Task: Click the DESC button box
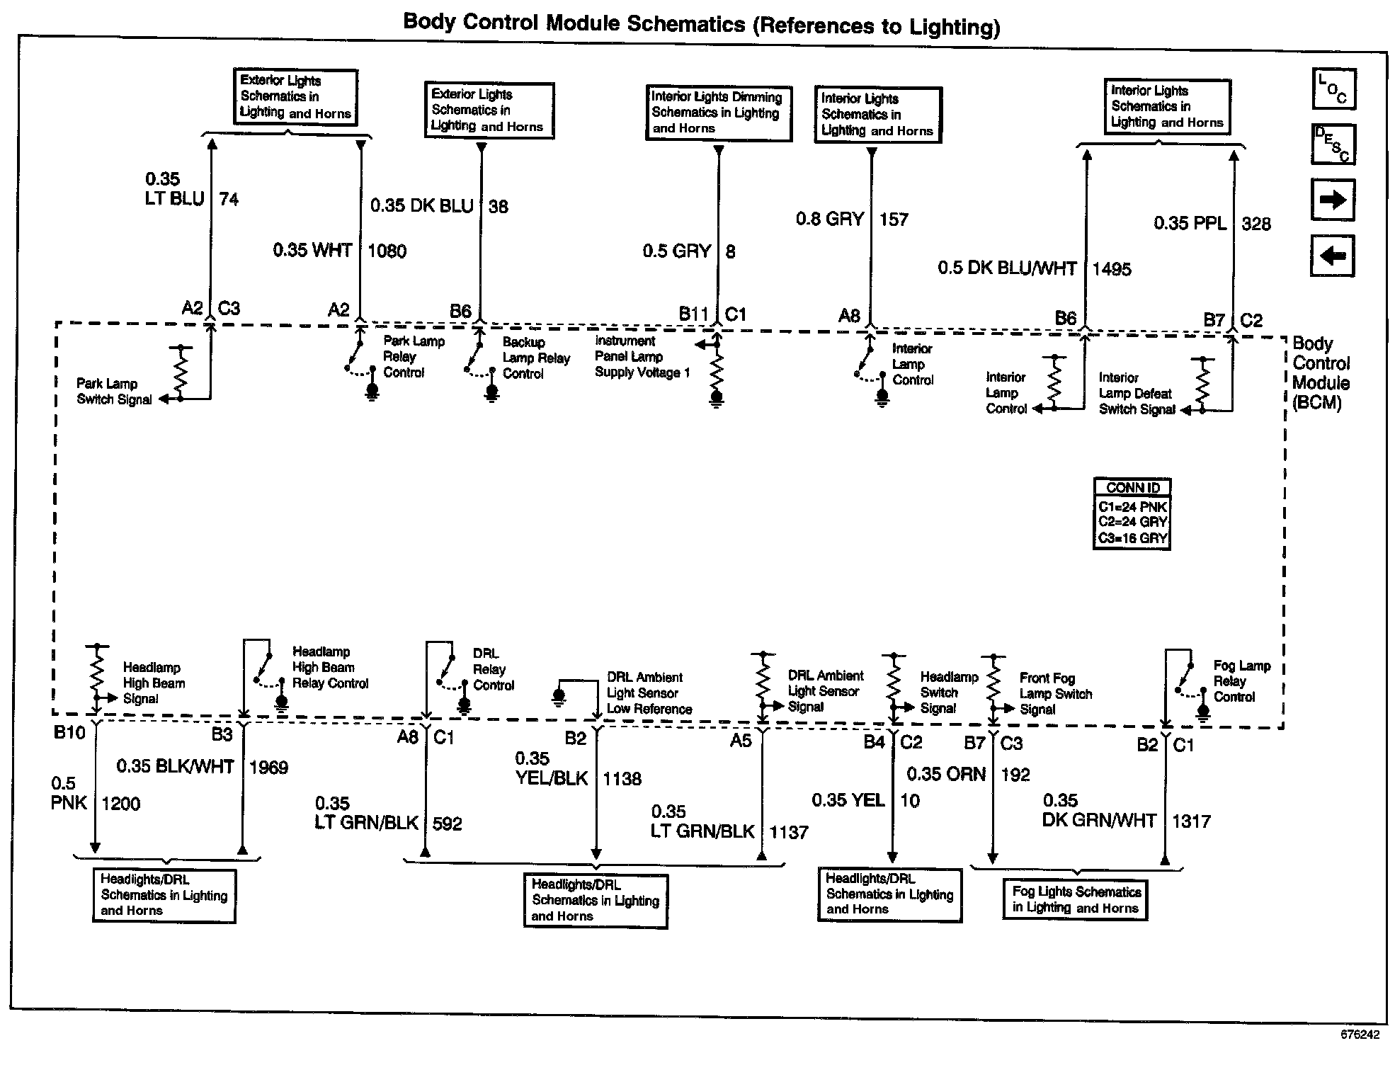(1333, 145)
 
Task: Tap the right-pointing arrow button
(1333, 200)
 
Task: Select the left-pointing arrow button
(1333, 256)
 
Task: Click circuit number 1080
(387, 251)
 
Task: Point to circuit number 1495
(1112, 269)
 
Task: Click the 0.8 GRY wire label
(829, 219)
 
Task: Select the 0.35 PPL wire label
(1190, 224)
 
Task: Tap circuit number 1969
(268, 768)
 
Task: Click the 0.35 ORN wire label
(946, 774)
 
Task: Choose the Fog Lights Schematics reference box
(1075, 900)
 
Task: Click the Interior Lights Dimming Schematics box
(718, 113)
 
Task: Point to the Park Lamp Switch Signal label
(114, 392)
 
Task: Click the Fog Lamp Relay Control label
(1241, 681)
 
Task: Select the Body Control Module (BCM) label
(1320, 373)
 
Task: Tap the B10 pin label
(69, 733)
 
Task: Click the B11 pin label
(693, 314)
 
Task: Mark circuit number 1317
(1191, 821)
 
